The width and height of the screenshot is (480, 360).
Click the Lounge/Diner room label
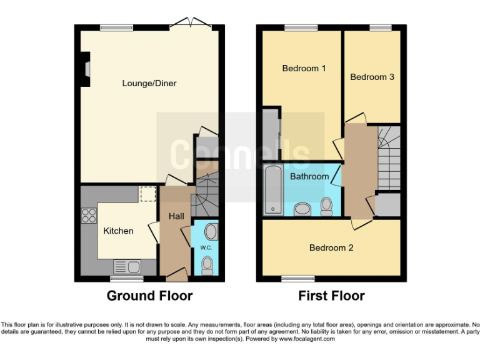(149, 83)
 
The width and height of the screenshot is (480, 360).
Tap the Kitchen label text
(118, 231)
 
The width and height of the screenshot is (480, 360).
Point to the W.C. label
(206, 248)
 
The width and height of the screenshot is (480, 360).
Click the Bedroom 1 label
(304, 68)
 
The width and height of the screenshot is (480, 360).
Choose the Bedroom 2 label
(331, 247)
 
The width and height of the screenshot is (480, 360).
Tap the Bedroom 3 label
(372, 77)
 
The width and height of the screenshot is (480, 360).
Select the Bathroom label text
(309, 176)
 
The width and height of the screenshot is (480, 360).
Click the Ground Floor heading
(149, 296)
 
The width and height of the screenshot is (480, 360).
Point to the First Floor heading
(331, 296)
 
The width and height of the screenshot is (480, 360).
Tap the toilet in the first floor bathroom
(326, 206)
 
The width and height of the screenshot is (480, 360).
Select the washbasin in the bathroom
(301, 209)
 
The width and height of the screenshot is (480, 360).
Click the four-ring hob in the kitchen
(89, 216)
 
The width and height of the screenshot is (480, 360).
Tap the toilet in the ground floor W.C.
(207, 267)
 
